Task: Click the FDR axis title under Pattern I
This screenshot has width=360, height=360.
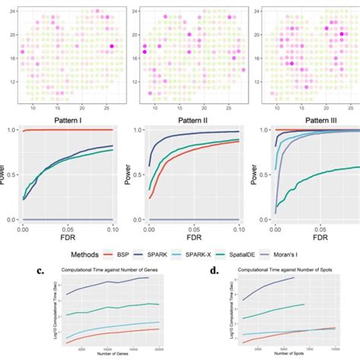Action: [x=67, y=237]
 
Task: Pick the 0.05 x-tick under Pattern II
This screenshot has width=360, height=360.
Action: [x=193, y=227]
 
